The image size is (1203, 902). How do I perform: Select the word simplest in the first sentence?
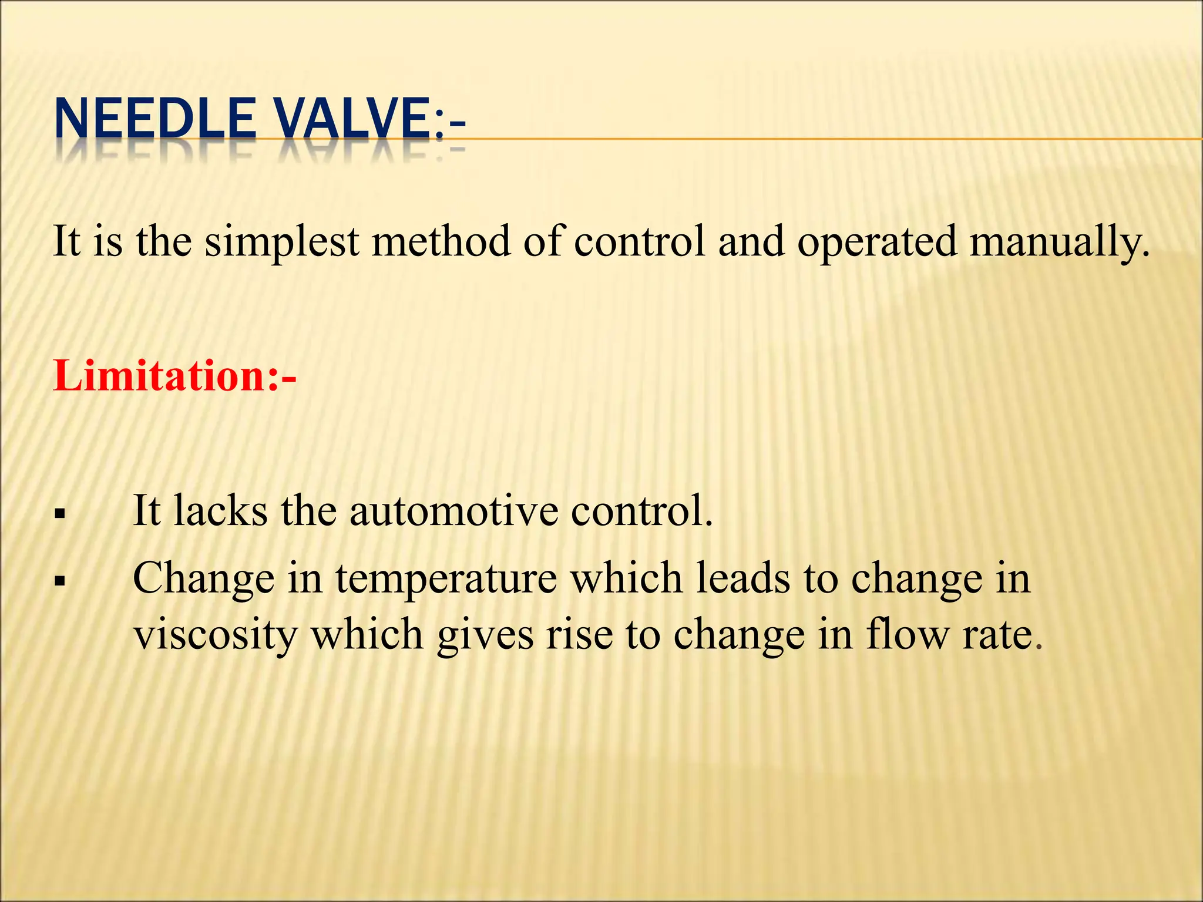pyautogui.click(x=282, y=242)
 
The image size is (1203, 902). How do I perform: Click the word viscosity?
pyautogui.click(x=215, y=635)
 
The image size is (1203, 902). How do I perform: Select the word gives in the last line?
pyautogui.click(x=485, y=635)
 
